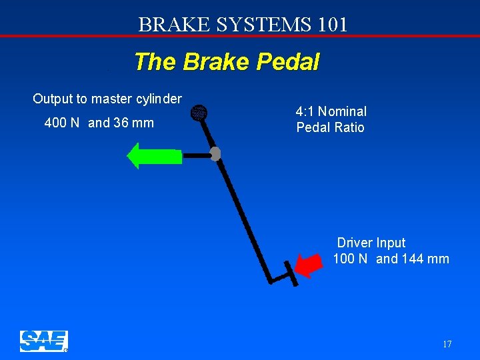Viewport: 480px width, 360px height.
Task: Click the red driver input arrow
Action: point(307,265)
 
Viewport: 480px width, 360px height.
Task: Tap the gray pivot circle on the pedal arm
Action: point(215,154)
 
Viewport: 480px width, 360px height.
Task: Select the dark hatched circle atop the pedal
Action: point(199,114)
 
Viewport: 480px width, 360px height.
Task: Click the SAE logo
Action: point(43,341)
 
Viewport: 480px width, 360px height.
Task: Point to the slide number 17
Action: point(447,344)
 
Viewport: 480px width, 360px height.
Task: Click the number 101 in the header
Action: point(333,25)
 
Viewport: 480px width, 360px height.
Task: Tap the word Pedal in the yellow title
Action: point(289,62)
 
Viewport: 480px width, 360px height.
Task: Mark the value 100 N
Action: point(350,259)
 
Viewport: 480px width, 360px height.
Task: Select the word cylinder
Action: point(157,99)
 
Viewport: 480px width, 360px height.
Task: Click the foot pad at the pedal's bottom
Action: point(291,273)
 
